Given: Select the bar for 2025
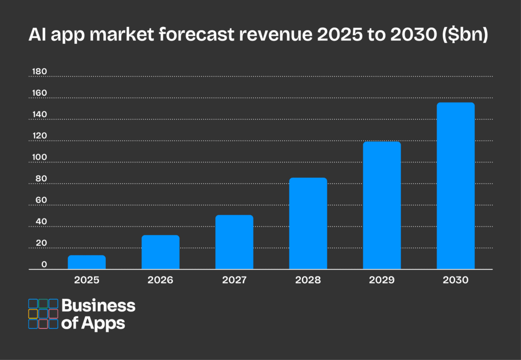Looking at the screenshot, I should (x=86, y=262).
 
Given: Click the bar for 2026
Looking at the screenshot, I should (x=160, y=252).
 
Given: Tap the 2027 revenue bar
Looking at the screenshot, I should (x=234, y=242).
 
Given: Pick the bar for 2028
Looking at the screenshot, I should (x=308, y=224).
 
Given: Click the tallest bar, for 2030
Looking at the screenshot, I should (x=455, y=186).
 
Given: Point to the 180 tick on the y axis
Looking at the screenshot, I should (x=39, y=72).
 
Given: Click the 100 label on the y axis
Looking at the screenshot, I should (x=39, y=157).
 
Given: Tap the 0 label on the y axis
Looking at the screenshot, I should (x=44, y=264).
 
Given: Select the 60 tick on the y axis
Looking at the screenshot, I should (x=40, y=200).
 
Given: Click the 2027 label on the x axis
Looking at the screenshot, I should (x=234, y=280).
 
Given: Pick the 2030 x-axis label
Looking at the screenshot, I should (x=455, y=280).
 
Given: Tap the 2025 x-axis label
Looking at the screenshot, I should (x=86, y=280).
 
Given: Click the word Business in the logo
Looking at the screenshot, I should (x=98, y=306).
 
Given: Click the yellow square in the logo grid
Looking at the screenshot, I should (x=33, y=314).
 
